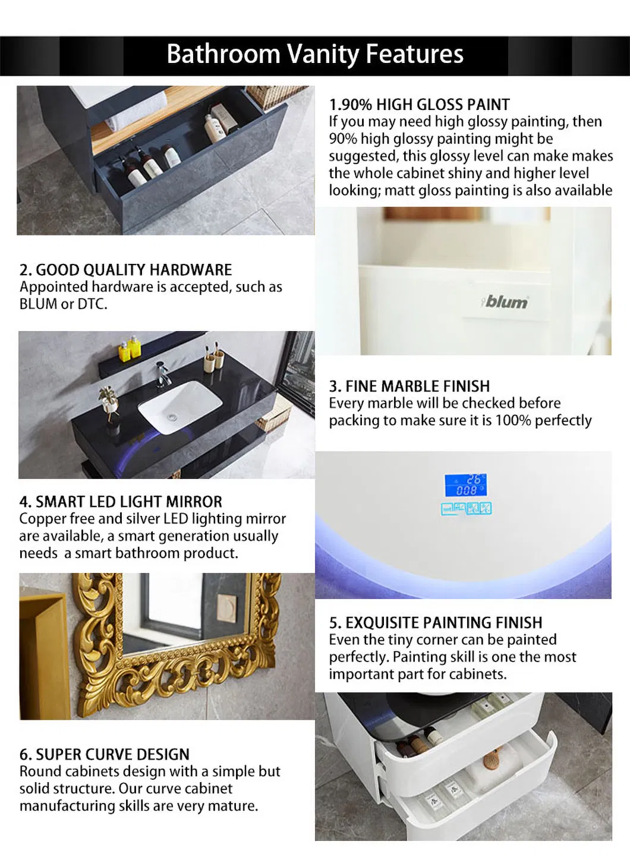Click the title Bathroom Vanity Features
[315, 54]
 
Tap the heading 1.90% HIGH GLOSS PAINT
[419, 105]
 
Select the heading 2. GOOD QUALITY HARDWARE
[125, 270]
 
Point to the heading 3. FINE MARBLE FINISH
[409, 386]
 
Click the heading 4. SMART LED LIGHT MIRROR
[121, 502]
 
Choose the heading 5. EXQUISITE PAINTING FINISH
[435, 623]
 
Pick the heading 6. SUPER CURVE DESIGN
[105, 754]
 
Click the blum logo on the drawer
[505, 302]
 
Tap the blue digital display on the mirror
[465, 486]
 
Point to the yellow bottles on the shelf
[130, 348]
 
